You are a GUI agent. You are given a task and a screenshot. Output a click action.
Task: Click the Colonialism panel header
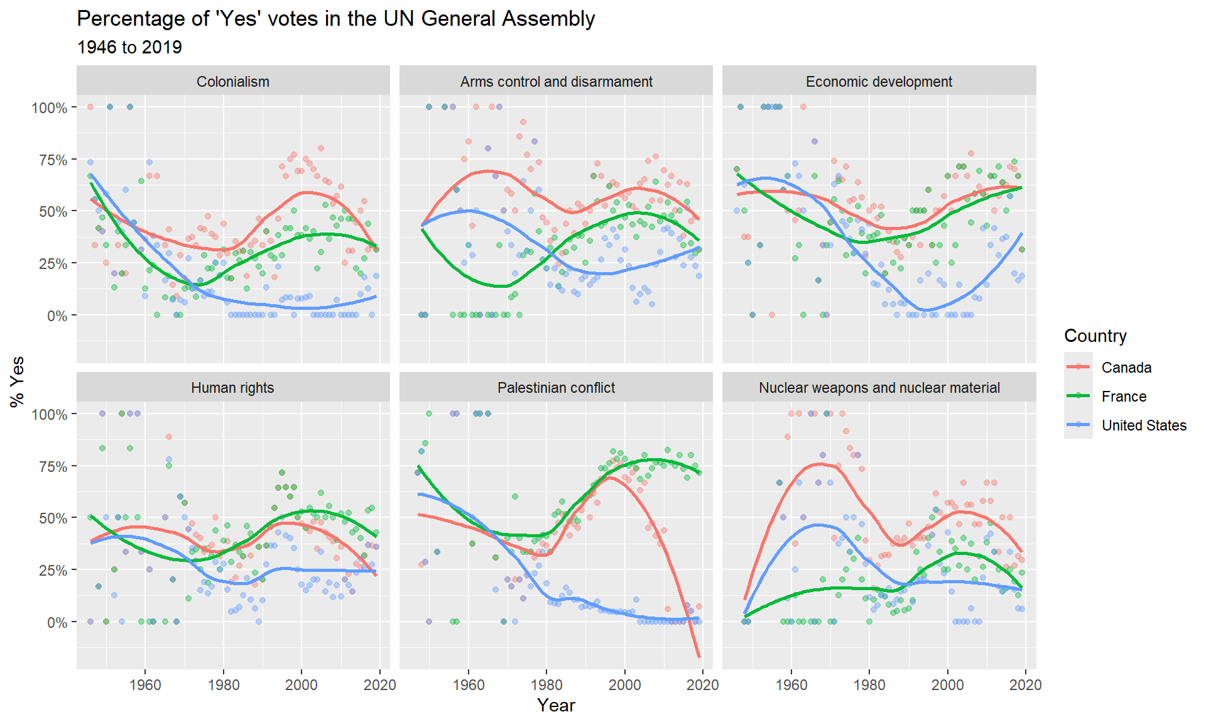pyautogui.click(x=232, y=82)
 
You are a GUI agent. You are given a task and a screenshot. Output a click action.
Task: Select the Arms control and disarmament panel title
pyautogui.click(x=556, y=82)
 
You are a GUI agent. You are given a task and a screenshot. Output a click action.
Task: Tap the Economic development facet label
pyautogui.click(x=879, y=82)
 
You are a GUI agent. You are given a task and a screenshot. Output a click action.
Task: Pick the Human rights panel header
pyautogui.click(x=232, y=388)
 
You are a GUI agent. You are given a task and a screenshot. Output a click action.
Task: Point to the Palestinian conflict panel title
pyautogui.click(x=556, y=388)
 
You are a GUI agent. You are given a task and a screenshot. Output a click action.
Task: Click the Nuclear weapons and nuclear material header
pyautogui.click(x=879, y=388)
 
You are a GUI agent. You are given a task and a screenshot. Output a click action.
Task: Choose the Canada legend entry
pyautogui.click(x=1126, y=368)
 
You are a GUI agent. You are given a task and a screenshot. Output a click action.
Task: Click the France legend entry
pyautogui.click(x=1124, y=397)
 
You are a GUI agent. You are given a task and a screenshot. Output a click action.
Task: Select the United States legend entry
pyautogui.click(x=1144, y=425)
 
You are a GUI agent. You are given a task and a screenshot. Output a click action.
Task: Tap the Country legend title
pyautogui.click(x=1095, y=336)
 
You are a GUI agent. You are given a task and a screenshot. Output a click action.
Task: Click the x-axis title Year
pyautogui.click(x=556, y=705)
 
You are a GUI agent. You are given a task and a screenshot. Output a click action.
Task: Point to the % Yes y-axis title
pyautogui.click(x=18, y=381)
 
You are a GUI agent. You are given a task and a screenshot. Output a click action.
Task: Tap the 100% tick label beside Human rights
pyautogui.click(x=50, y=414)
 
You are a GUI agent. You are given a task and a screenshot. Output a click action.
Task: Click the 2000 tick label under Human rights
pyautogui.click(x=301, y=684)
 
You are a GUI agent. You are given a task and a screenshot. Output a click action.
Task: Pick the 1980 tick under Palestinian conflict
pyautogui.click(x=546, y=684)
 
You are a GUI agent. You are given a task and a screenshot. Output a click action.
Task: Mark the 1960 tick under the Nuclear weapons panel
pyautogui.click(x=791, y=684)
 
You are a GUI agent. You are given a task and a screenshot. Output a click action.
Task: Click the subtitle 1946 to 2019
pyautogui.click(x=129, y=47)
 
